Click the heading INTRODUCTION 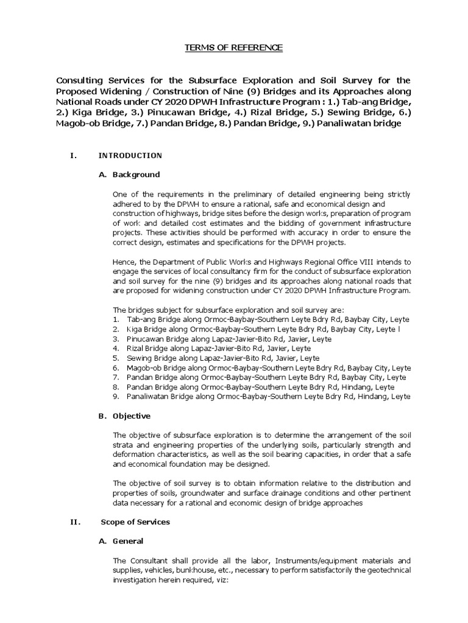click(x=130, y=155)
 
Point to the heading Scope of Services click(x=135, y=521)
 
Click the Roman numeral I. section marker click(x=73, y=155)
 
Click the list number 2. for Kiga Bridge click(x=116, y=329)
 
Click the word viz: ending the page click(x=234, y=580)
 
